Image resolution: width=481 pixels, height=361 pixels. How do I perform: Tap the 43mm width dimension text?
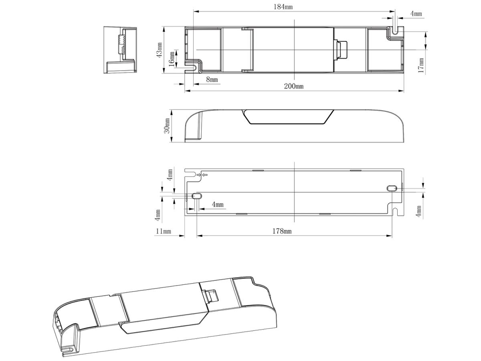click(x=160, y=50)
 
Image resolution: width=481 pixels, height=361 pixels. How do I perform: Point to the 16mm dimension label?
click(x=172, y=59)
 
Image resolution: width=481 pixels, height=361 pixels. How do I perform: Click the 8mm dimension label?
click(x=212, y=80)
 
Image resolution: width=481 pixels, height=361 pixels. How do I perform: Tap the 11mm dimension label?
click(x=163, y=231)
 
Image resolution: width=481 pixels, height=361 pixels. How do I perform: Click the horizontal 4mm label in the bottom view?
click(x=218, y=205)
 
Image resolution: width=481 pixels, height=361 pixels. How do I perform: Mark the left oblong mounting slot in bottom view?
click(x=197, y=196)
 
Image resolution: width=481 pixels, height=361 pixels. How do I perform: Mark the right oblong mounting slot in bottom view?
click(x=391, y=188)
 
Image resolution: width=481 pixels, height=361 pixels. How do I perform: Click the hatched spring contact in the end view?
click(x=121, y=44)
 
